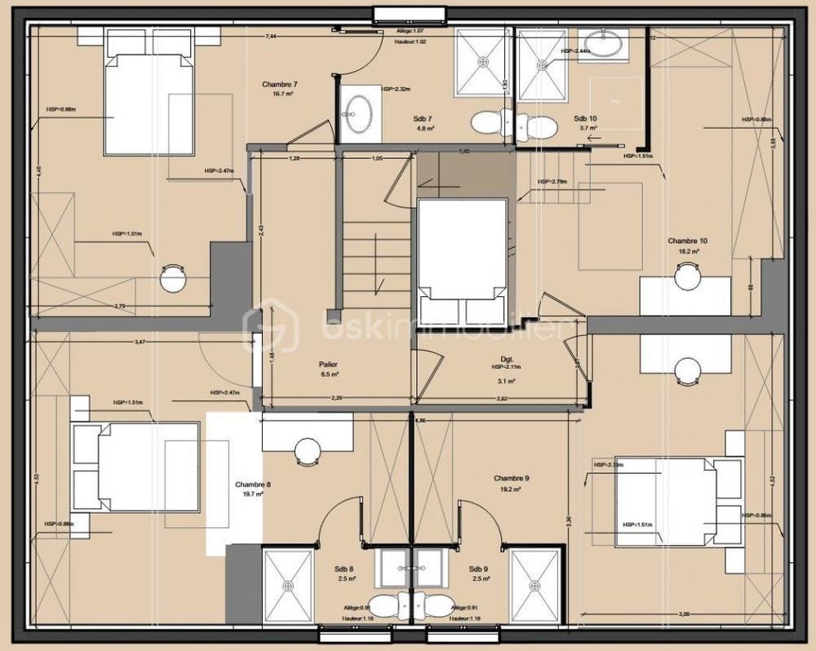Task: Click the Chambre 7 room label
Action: [x=279, y=84]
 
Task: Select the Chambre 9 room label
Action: [x=512, y=478]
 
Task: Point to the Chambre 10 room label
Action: [x=687, y=241]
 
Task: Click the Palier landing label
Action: [x=329, y=365]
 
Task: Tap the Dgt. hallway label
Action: [x=506, y=358]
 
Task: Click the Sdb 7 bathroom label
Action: [x=424, y=118]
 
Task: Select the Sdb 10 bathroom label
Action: [x=584, y=118]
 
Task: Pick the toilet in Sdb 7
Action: [x=486, y=122]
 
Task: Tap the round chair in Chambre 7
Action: [x=174, y=278]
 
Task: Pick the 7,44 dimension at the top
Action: [x=270, y=36]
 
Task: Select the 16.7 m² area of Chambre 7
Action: [x=279, y=94]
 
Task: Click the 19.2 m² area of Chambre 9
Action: [x=512, y=489]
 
